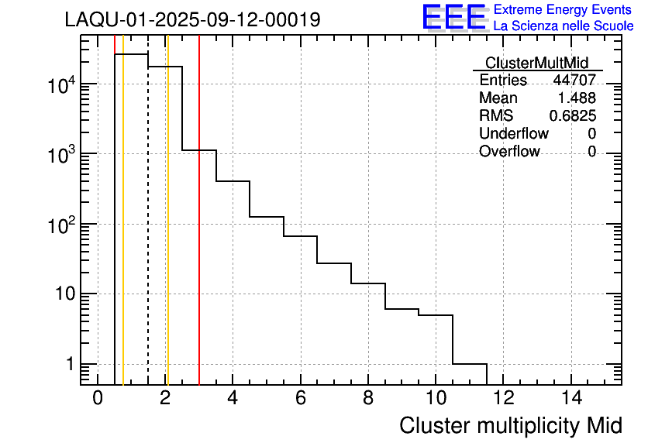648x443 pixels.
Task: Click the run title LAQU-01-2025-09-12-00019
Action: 192,20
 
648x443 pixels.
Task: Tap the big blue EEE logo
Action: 454,17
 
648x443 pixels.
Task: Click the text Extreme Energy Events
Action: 564,10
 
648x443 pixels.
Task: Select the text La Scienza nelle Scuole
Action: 564,26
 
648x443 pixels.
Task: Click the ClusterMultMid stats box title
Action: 536,63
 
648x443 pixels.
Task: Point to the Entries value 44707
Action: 574,81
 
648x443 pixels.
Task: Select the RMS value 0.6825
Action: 573,116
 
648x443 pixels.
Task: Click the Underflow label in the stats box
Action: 514,134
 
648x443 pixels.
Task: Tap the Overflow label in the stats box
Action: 509,152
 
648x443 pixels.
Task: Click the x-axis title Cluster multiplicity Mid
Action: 510,425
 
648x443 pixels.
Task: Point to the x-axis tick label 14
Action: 571,398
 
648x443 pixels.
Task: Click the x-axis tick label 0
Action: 98,398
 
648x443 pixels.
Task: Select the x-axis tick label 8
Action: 368,398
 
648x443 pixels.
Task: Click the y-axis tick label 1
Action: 68,364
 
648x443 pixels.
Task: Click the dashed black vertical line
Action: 148,232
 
